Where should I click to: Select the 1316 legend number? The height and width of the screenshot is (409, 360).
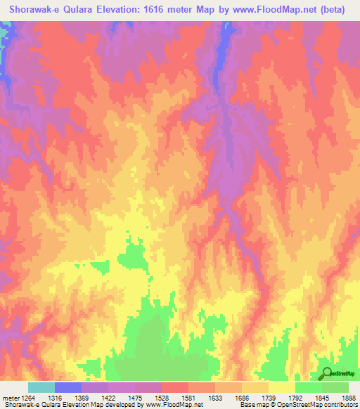pos(64,397)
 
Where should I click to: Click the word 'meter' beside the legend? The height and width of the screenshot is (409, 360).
pos(10,397)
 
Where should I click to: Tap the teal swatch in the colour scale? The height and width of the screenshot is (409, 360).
pos(41,387)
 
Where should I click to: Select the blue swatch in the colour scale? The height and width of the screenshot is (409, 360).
pos(68,387)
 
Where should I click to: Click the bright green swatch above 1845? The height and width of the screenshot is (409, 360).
pos(309,387)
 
